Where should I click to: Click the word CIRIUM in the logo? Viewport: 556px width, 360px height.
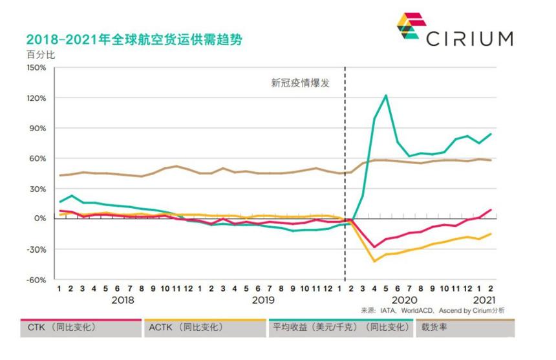tap(469, 38)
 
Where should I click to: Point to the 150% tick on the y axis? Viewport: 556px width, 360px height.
tap(36, 68)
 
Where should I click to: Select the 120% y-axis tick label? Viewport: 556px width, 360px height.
tap(36, 98)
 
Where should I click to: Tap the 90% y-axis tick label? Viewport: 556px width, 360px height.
tap(37, 128)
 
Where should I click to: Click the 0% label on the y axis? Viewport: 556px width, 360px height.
tap(40, 219)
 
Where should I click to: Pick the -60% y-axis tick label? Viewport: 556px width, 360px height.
tap(36, 280)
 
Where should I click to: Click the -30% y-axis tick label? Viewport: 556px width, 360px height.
tap(36, 249)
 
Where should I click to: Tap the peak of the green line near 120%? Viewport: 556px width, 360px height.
tap(386, 96)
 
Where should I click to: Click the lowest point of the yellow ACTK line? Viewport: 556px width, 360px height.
tap(374, 261)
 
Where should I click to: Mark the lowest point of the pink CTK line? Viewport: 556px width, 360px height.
tap(374, 247)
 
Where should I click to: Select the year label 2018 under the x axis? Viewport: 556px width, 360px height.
tap(123, 301)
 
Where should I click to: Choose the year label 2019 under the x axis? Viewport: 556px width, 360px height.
tap(263, 301)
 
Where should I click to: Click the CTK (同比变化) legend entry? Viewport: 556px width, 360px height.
tap(61, 328)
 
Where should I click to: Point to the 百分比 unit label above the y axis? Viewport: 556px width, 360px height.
tap(41, 54)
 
